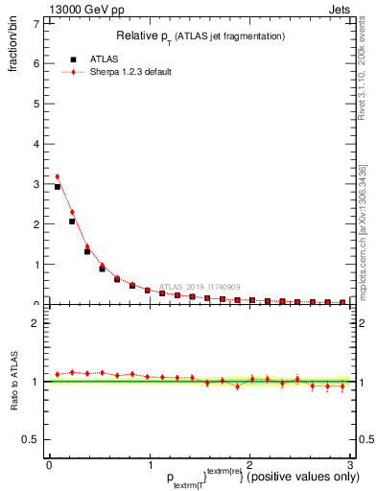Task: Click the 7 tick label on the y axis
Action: point(35,23)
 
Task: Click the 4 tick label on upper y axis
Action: point(35,144)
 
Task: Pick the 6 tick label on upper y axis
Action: point(35,63)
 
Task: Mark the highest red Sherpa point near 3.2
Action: point(58,176)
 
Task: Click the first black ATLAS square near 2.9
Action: point(58,187)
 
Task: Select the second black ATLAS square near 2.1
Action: point(72,221)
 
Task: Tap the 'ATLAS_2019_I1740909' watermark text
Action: point(201,286)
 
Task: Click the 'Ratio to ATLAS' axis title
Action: point(13,380)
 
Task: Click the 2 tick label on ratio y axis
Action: point(35,322)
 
